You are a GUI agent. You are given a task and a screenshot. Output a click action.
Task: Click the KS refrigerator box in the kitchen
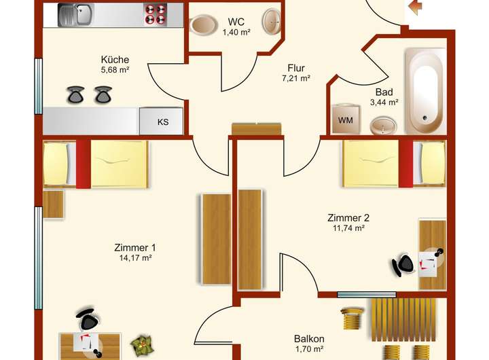[162, 122]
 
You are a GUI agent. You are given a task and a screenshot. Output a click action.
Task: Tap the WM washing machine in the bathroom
[345, 120]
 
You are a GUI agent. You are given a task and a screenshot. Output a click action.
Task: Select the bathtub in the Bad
[426, 92]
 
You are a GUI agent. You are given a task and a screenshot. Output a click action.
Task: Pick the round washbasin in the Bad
[384, 126]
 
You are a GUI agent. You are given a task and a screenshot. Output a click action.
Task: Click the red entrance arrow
[414, 6]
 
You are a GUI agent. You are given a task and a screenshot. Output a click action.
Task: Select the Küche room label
[115, 59]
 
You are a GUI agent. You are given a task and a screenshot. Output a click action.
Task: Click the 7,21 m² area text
[295, 78]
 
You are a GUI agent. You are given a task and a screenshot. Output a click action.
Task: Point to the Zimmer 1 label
[135, 247]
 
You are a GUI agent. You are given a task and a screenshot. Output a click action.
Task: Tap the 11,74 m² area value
[348, 228]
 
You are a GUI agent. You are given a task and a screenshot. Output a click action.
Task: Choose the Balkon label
[309, 339]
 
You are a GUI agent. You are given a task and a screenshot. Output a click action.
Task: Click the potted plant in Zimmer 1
[143, 344]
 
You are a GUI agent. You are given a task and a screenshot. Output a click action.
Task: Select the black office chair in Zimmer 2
[403, 265]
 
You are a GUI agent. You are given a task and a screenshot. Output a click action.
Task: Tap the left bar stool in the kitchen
[75, 94]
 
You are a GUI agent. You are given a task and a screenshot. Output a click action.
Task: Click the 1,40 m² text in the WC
[236, 32]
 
